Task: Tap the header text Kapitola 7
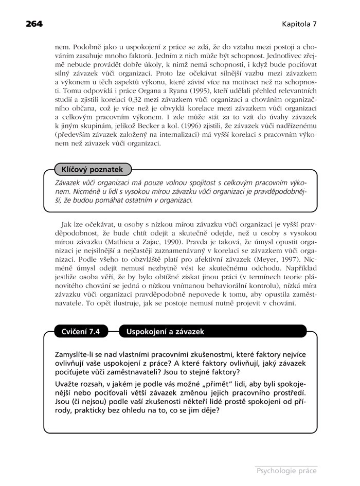299,24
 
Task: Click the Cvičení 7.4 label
81,332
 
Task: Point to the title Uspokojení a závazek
165,332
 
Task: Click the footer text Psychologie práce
286,470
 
